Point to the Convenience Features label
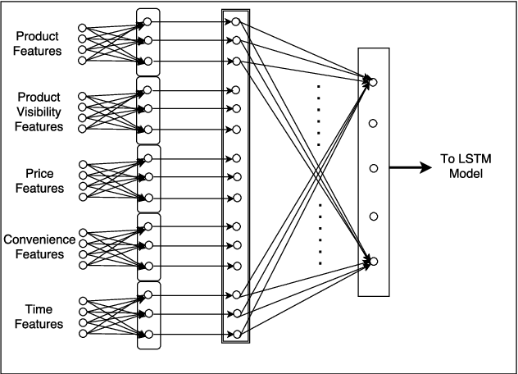39,247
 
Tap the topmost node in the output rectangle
373,81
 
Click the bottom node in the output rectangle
373,261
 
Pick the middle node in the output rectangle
373,168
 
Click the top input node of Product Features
81,29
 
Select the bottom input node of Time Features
81,333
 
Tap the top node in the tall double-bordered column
235,21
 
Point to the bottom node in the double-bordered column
235,334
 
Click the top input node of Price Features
81,165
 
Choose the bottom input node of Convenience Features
81,265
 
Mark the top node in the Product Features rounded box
148,21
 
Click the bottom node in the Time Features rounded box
148,334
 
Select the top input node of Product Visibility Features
81,97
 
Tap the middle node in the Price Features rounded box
148,177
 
